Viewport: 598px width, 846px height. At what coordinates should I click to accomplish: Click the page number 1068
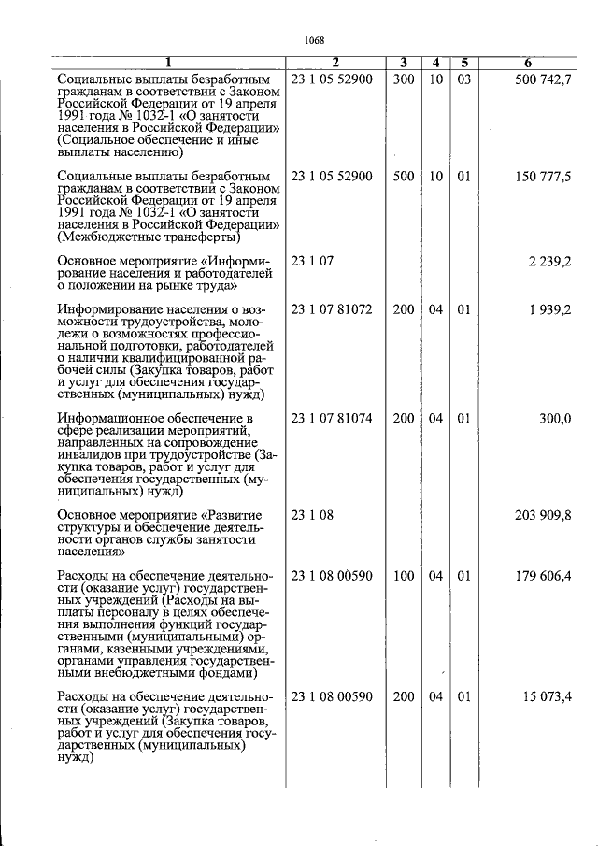click(315, 39)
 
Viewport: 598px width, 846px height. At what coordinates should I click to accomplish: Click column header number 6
click(528, 64)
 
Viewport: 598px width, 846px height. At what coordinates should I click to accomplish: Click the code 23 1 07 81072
click(332, 309)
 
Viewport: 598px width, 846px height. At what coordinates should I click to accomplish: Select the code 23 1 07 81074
click(332, 418)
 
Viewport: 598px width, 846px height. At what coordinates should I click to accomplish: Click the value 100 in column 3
click(404, 576)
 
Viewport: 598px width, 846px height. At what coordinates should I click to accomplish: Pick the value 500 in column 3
click(404, 176)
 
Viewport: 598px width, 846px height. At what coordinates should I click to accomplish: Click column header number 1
click(168, 64)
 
